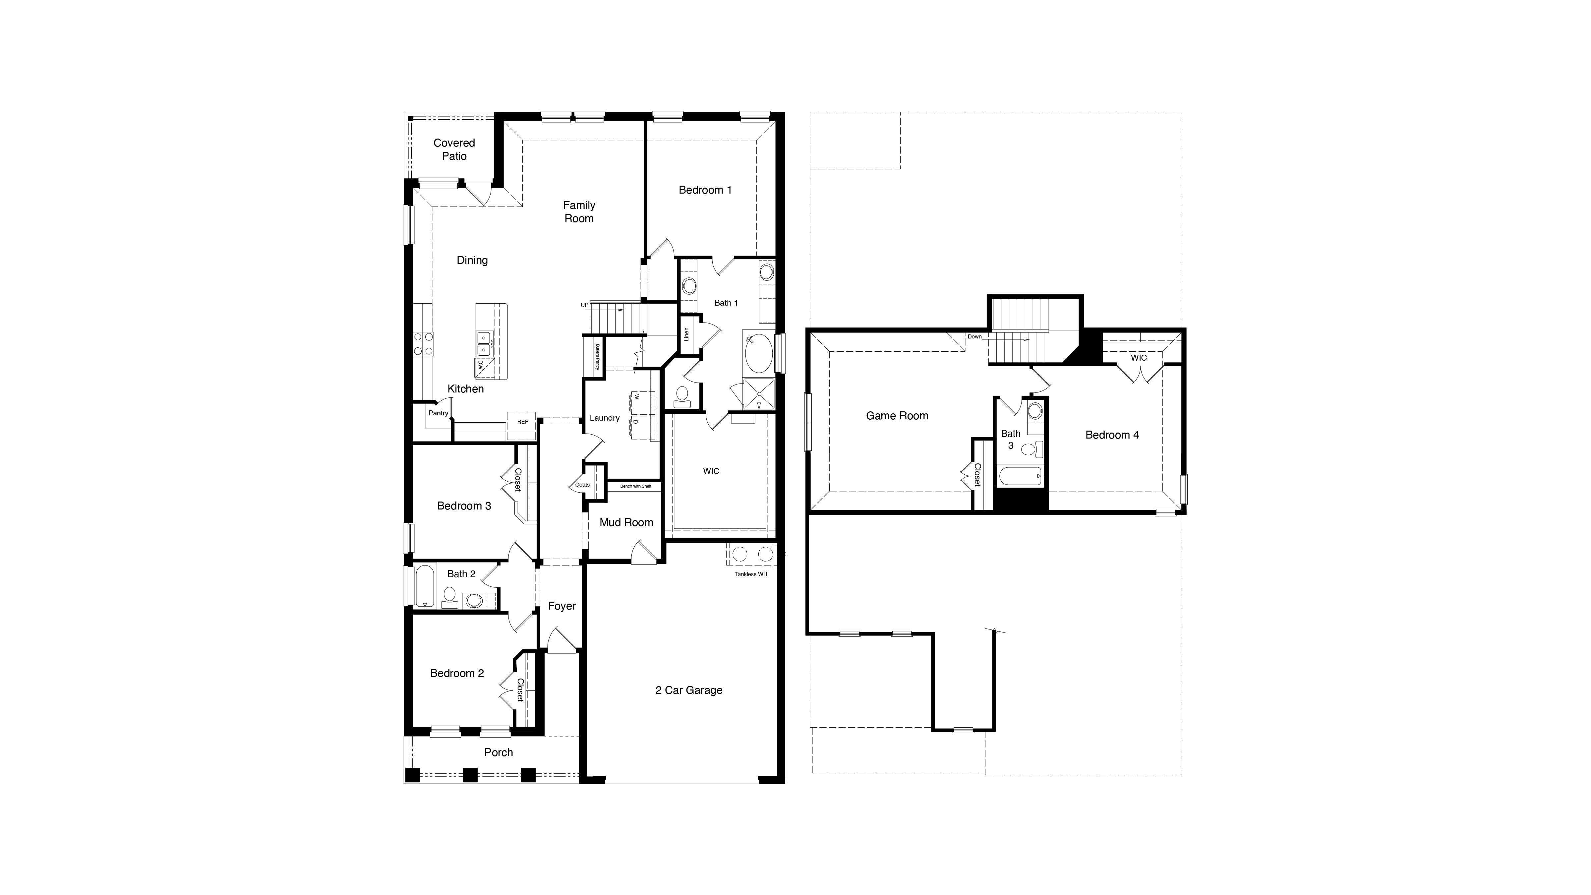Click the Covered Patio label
[454, 149]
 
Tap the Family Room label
[579, 212]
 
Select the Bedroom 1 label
[705, 190]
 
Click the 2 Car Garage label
[689, 690]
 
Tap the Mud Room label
[626, 522]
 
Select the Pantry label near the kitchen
[439, 413]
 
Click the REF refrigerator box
[522, 422]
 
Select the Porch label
[499, 752]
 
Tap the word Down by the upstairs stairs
[974, 337]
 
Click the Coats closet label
[582, 485]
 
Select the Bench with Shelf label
[635, 486]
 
